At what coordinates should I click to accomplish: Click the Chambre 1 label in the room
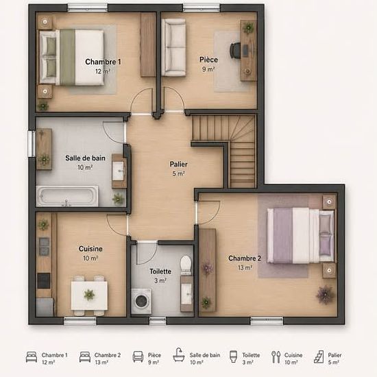click(103, 62)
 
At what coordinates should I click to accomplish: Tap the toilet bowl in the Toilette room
click(186, 265)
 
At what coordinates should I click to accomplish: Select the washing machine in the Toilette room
click(141, 301)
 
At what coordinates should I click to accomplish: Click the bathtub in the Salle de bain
click(67, 196)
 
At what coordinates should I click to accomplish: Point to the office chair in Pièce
click(235, 50)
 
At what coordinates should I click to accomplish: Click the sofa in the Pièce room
click(173, 47)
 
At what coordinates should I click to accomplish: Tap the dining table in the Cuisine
click(89, 295)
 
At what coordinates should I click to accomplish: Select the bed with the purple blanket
click(300, 235)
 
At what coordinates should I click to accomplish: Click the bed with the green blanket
click(71, 57)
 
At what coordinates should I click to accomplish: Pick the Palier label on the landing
click(178, 165)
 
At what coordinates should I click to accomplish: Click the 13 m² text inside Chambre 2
click(245, 267)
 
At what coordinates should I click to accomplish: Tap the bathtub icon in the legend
click(179, 354)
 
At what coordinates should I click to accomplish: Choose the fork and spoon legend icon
click(276, 357)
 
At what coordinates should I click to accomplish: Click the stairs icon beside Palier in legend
click(319, 356)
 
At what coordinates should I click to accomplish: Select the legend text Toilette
click(251, 355)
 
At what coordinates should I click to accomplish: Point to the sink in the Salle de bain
click(118, 171)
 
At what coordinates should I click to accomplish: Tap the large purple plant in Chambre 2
click(326, 295)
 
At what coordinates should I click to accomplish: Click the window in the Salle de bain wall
click(32, 144)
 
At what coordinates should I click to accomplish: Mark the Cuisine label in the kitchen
click(90, 249)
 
